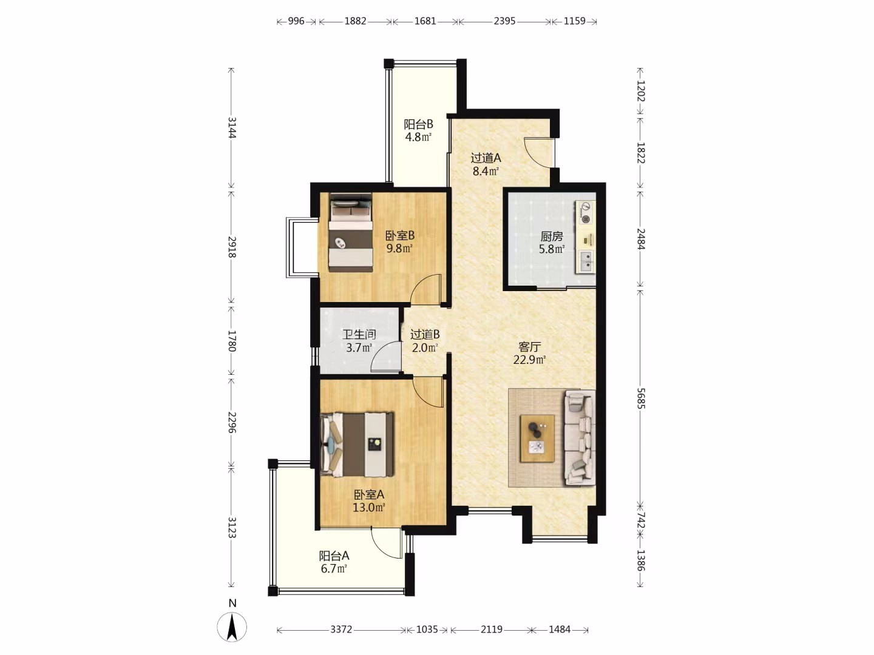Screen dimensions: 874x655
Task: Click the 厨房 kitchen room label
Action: [x=552, y=237]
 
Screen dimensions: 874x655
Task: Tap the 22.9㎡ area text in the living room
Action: [x=529, y=360]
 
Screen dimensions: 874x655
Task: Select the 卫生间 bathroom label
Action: [x=359, y=334]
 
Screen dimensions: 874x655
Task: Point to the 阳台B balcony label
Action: [x=418, y=124]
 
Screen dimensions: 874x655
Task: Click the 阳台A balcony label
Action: [x=334, y=556]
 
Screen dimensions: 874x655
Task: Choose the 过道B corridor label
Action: [x=425, y=334]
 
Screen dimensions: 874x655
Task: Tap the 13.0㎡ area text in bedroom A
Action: [x=368, y=508]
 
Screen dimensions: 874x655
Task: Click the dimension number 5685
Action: [x=641, y=398]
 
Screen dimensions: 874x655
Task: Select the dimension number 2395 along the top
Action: [x=504, y=21]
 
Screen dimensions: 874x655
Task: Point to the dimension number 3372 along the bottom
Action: [x=341, y=630]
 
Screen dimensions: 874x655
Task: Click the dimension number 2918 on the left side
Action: [x=232, y=247]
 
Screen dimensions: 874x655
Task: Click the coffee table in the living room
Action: [x=538, y=438]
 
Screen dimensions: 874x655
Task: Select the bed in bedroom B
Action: [x=350, y=233]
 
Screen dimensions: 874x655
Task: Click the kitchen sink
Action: [x=586, y=262]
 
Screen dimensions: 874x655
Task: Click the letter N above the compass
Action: [x=232, y=603]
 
